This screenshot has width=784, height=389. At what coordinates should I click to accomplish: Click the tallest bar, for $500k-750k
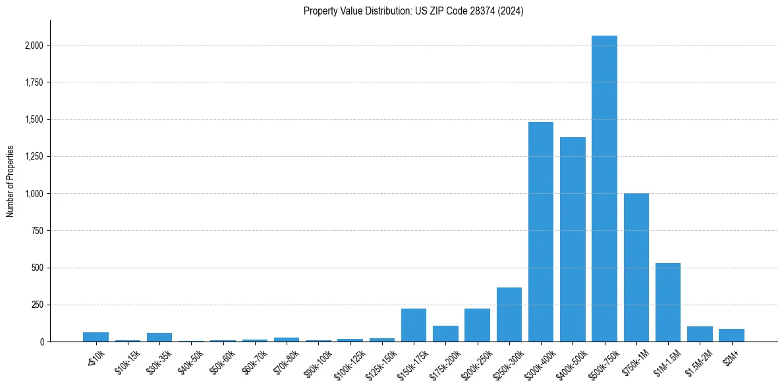click(x=604, y=191)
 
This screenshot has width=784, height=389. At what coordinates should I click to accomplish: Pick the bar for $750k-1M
click(x=636, y=268)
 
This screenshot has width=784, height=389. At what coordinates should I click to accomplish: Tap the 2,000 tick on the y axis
click(x=34, y=45)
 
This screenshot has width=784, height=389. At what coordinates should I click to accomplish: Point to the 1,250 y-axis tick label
click(x=34, y=157)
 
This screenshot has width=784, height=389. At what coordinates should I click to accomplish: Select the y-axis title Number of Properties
click(x=10, y=181)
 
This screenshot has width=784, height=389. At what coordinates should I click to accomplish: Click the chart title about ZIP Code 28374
click(x=414, y=11)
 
